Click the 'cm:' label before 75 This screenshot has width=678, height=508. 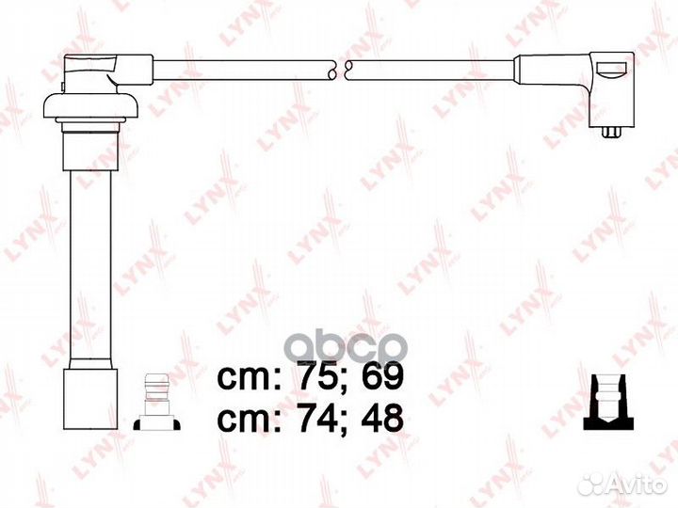(250, 378)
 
